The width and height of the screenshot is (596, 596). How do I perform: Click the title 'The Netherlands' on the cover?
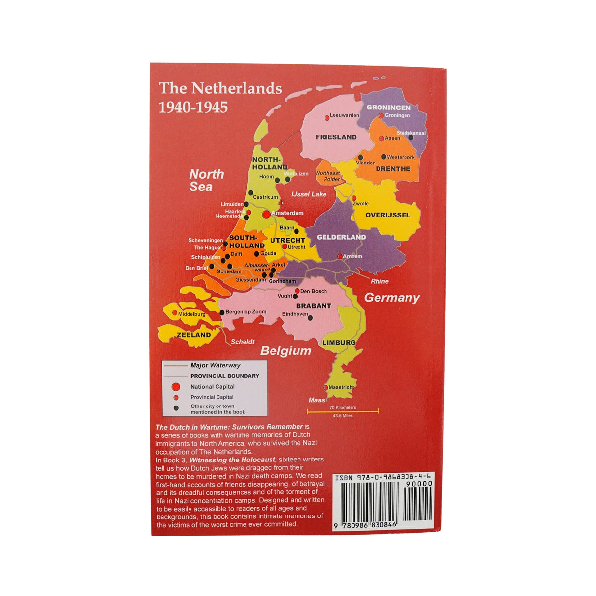click(x=220, y=88)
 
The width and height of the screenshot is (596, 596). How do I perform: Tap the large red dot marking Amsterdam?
click(x=266, y=214)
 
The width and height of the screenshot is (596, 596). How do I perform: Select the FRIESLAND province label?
click(x=336, y=137)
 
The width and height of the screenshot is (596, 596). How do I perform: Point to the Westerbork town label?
click(x=401, y=157)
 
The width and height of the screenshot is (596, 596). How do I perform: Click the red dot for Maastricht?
click(x=325, y=388)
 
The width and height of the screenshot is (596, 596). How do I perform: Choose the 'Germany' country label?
click(x=392, y=298)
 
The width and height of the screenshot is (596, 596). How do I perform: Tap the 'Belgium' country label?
click(x=286, y=351)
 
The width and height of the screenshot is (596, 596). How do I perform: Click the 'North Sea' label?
click(x=207, y=180)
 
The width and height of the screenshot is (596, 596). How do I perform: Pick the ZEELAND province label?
click(x=193, y=335)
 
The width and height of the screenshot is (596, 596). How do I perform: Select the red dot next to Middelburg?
click(x=175, y=313)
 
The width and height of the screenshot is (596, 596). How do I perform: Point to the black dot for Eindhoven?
click(x=310, y=318)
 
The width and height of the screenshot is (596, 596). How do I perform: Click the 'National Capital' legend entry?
click(x=213, y=387)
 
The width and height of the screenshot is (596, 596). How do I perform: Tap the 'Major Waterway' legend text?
click(x=216, y=365)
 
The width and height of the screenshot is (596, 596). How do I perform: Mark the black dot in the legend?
click(x=176, y=408)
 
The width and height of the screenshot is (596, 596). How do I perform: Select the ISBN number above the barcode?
click(x=383, y=477)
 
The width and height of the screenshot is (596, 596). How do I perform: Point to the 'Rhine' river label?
click(x=379, y=281)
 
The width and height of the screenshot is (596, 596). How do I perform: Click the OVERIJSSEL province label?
click(x=388, y=215)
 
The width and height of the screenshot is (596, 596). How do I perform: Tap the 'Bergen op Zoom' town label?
click(x=245, y=312)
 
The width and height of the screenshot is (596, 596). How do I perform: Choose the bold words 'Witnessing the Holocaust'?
click(x=232, y=460)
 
